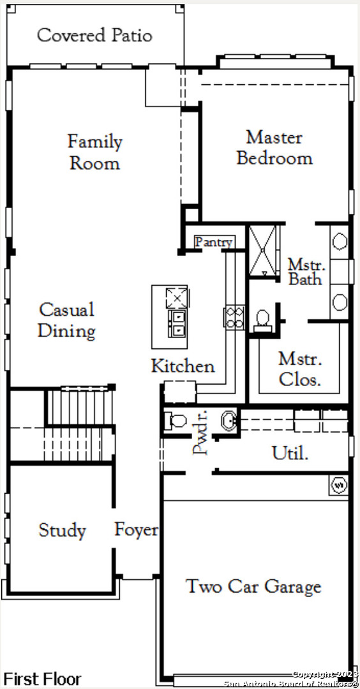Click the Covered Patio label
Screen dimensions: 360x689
[x=94, y=35]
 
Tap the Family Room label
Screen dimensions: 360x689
[x=95, y=152]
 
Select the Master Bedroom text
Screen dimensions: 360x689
[x=274, y=147]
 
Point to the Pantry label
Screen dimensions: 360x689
[x=214, y=242]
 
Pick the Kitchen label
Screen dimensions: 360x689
[x=183, y=366]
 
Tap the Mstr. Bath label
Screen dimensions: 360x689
[x=306, y=272]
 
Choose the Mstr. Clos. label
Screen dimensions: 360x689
[x=300, y=369]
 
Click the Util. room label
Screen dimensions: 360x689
[x=290, y=452]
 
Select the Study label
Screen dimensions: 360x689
[x=62, y=530]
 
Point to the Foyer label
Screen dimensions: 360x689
[x=136, y=530]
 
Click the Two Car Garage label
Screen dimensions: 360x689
[x=253, y=587]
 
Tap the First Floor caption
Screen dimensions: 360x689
[x=43, y=678]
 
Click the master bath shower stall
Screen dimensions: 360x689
[x=264, y=251]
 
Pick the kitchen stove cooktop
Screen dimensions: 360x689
[x=234, y=317]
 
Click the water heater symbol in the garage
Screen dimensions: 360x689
[x=339, y=485]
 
